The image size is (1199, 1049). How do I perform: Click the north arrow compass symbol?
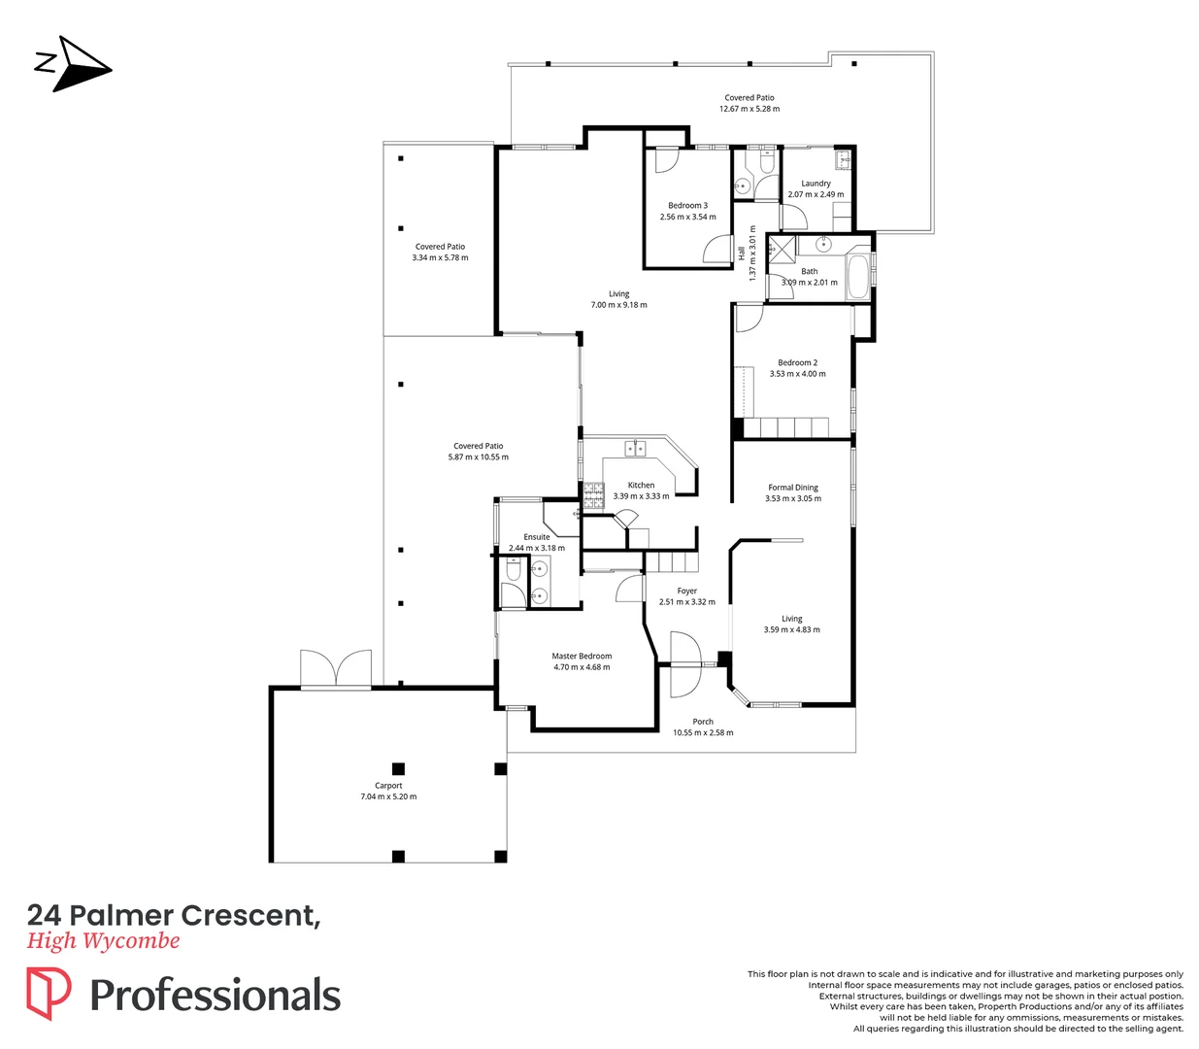pyautogui.click(x=76, y=64)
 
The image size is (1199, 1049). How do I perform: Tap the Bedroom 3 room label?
pyautogui.click(x=687, y=206)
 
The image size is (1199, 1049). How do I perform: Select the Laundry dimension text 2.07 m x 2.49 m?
pyautogui.click(x=816, y=194)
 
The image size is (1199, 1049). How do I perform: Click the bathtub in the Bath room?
pyautogui.click(x=858, y=277)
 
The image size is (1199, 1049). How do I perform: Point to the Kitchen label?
pyautogui.click(x=641, y=485)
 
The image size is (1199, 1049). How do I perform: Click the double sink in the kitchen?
pyautogui.click(x=636, y=449)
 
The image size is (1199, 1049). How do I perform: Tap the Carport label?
pyautogui.click(x=388, y=786)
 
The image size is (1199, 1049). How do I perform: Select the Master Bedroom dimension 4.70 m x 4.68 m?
pyautogui.click(x=582, y=667)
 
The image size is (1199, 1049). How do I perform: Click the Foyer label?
pyautogui.click(x=686, y=591)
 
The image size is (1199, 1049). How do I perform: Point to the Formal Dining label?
pyautogui.click(x=793, y=488)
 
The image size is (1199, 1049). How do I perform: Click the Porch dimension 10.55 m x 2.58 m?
pyautogui.click(x=703, y=732)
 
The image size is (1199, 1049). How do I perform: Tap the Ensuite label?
pyautogui.click(x=537, y=537)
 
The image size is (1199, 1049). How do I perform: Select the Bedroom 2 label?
pyautogui.click(x=797, y=362)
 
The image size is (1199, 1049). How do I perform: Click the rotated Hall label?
pyautogui.click(x=742, y=253)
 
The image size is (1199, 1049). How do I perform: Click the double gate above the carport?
pyautogui.click(x=336, y=669)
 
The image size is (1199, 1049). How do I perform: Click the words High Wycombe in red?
pyautogui.click(x=103, y=940)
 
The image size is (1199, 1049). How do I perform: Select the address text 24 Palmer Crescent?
pyautogui.click(x=173, y=915)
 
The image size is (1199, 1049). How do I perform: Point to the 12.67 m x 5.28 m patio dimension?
pyautogui.click(x=749, y=109)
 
